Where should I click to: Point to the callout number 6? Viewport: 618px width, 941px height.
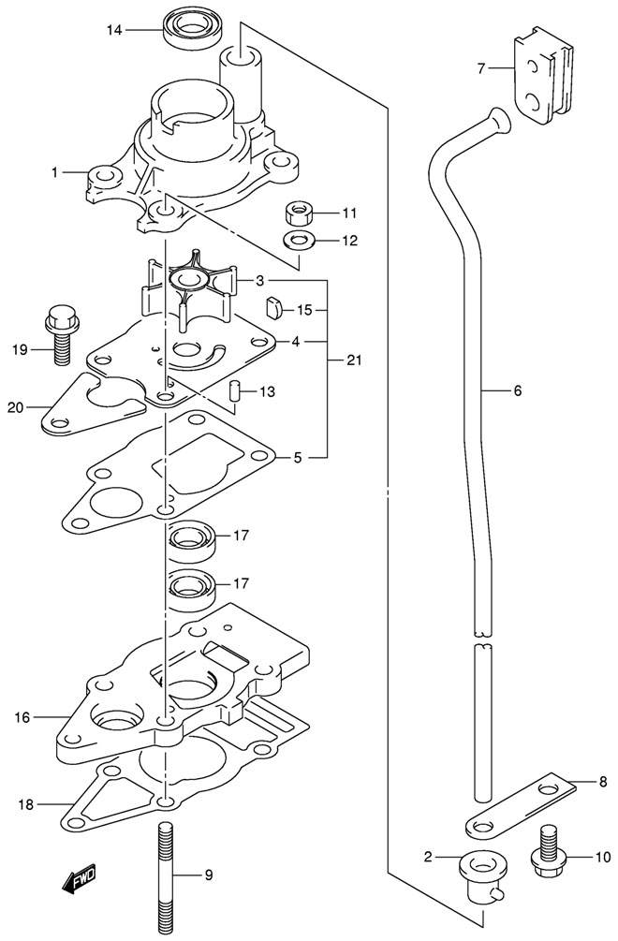517,392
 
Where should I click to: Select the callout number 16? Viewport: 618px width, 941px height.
22,717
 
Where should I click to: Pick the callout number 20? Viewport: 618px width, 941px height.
14,406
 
